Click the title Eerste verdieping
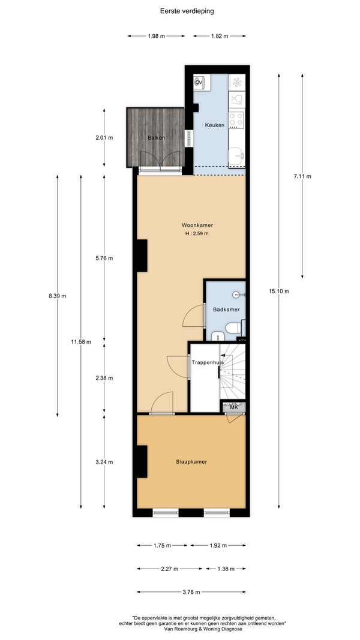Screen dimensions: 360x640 187,11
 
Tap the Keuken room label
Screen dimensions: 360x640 214,125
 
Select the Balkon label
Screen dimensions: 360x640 157,137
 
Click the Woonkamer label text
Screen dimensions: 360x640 197,225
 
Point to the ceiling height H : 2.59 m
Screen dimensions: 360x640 197,233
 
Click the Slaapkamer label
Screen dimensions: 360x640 191,462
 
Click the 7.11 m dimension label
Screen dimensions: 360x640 302,176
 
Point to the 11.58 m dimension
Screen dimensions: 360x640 81,342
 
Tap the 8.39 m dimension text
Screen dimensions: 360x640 57,296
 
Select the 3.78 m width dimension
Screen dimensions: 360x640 191,592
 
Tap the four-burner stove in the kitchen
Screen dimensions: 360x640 236,120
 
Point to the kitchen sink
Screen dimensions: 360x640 237,154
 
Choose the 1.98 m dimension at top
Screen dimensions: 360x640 157,36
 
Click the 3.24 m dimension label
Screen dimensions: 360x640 104,462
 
